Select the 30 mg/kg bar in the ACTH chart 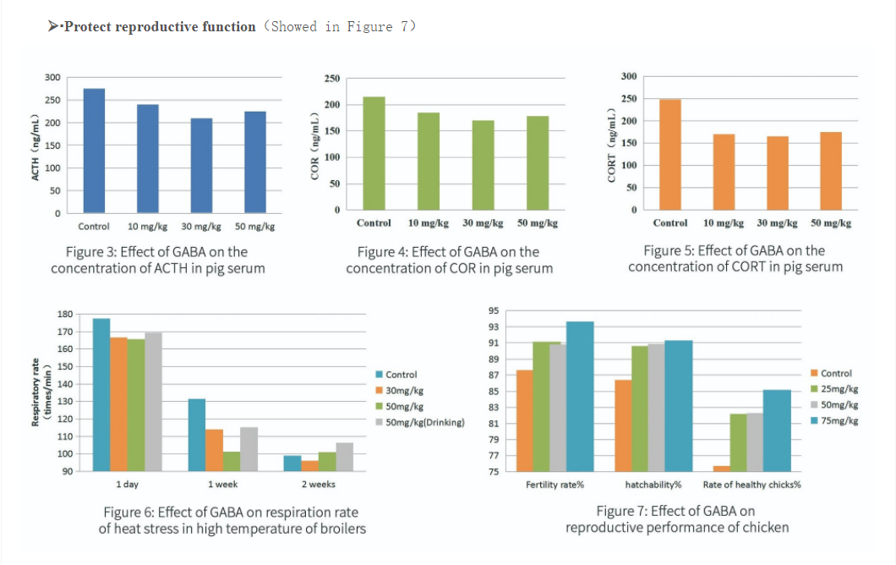[x=201, y=166]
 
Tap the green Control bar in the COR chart [x=374, y=153]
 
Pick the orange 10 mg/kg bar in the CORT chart [x=724, y=172]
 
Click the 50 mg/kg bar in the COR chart [x=538, y=163]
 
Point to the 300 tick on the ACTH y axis [x=52, y=78]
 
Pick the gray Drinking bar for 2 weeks [x=345, y=457]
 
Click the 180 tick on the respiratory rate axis [x=64, y=315]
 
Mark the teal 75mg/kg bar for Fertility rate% [x=580, y=396]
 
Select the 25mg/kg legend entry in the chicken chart [x=839, y=389]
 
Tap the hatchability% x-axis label [x=653, y=485]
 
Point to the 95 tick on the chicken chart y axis [x=494, y=311]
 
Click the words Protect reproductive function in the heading [x=160, y=27]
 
